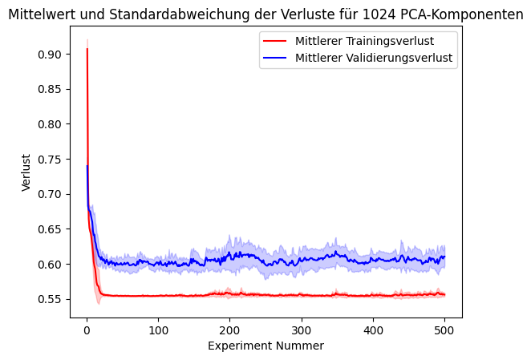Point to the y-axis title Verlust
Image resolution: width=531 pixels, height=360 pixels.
tap(26, 172)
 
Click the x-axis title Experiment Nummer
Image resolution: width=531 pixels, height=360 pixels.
tap(265, 346)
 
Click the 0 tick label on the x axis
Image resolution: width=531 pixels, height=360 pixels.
tap(87, 329)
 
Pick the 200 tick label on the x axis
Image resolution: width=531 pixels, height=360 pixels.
tap(229, 329)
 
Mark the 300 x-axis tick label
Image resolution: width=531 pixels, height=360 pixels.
tap(301, 329)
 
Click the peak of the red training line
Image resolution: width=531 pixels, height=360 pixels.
tap(87, 49)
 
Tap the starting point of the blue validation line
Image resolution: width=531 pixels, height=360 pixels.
tap(87, 166)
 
